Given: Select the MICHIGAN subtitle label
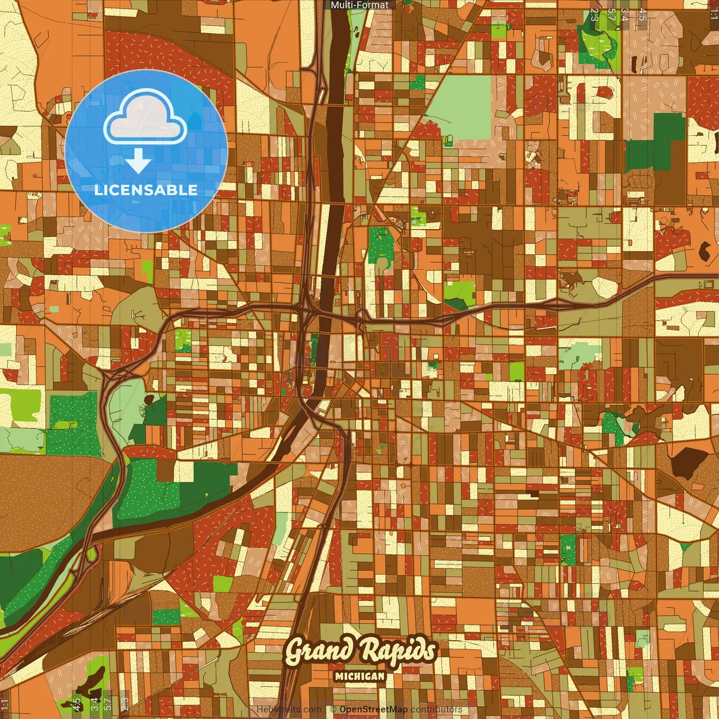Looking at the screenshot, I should click(359, 676).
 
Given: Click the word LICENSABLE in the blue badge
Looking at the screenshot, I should click(146, 190).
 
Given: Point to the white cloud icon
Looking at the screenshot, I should click(145, 117).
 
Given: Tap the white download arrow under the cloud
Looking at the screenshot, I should click(138, 162).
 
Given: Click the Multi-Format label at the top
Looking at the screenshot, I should click(359, 5).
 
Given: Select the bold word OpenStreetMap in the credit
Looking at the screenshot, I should click(374, 709).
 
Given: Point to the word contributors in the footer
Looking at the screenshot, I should click(436, 709).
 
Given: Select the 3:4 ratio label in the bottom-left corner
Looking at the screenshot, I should click(94, 703).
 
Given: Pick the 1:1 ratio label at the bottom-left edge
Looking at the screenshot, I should click(5, 704).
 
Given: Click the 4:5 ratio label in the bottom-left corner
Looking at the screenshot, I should click(77, 703).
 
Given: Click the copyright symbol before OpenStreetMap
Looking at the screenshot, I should click(333, 709).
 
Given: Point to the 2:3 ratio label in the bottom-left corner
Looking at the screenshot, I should click(125, 703).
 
